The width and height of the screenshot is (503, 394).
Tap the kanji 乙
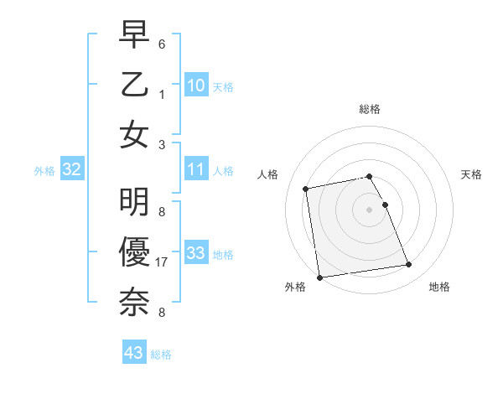134,86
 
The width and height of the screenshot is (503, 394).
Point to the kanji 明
134,204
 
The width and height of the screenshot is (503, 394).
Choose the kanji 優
134,251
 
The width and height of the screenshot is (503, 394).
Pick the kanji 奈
134,299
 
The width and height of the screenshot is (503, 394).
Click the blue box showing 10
196,85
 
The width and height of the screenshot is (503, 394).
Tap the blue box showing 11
196,170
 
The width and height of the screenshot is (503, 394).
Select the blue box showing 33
196,253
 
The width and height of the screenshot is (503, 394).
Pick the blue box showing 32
72,170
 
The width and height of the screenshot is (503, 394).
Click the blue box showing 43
133,352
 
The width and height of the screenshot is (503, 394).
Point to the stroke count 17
162,261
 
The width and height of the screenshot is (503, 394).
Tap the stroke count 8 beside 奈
161,313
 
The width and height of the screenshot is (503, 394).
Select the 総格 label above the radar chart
370,109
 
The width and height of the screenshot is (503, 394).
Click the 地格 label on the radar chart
439,287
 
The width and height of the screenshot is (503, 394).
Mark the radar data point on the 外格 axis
319,277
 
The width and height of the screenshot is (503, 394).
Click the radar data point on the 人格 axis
306,188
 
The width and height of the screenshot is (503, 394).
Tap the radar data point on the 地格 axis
408,265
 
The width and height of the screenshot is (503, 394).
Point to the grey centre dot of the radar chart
370,209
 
